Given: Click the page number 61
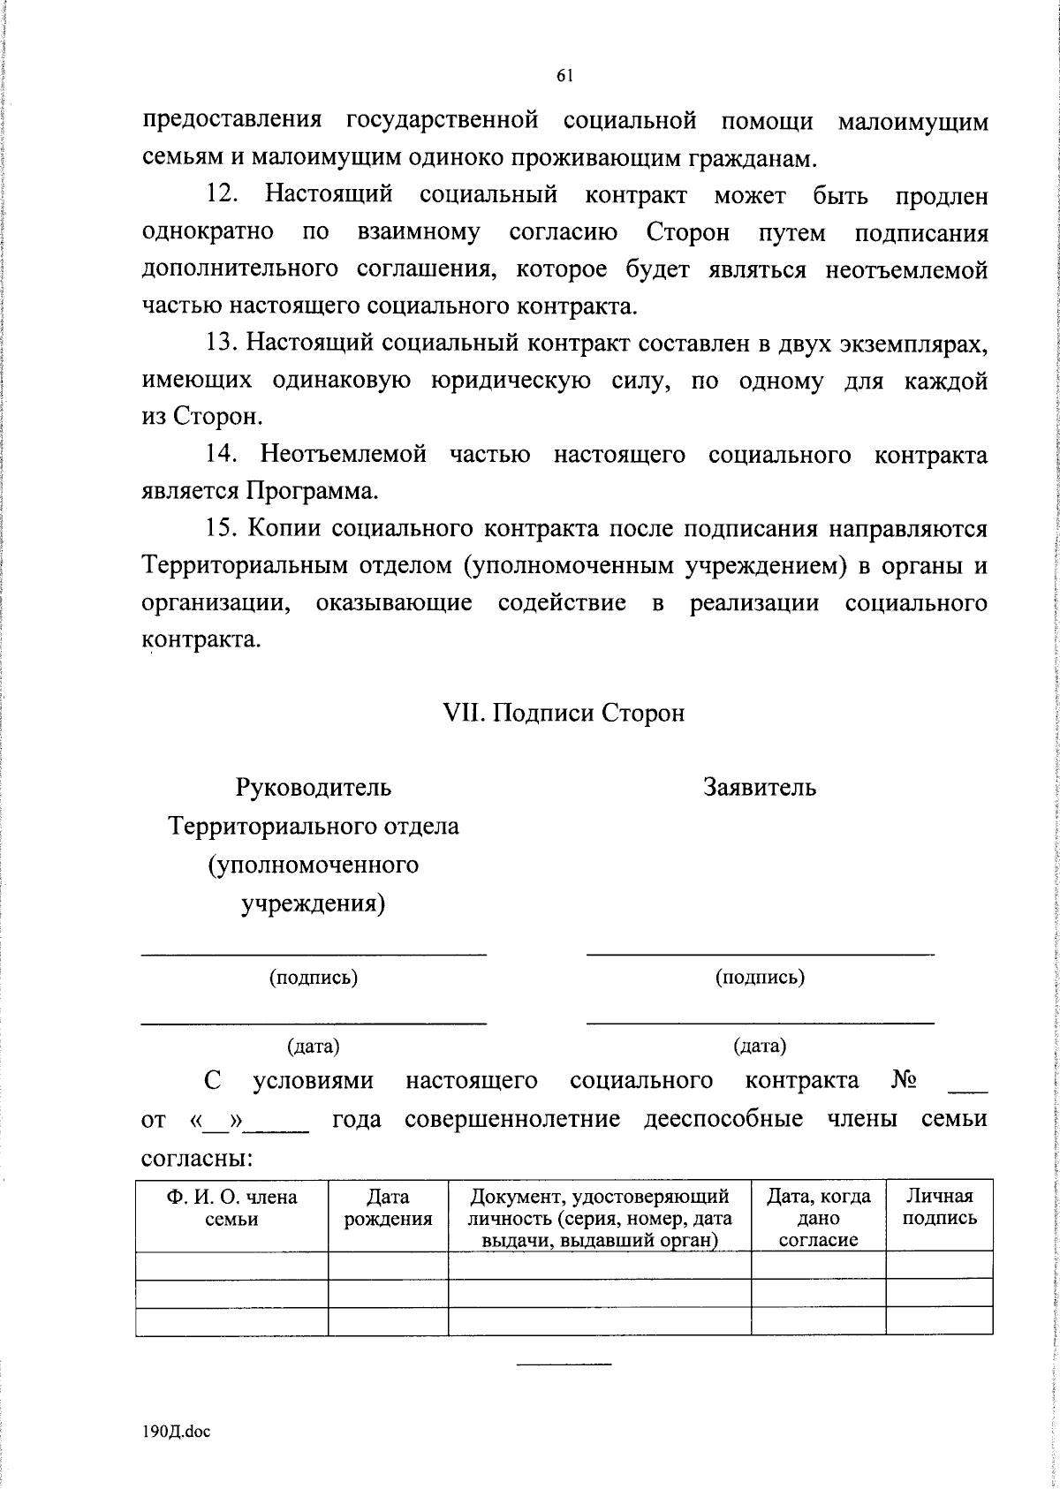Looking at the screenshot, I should click(x=565, y=77).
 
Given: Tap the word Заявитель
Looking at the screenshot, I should click(x=760, y=787).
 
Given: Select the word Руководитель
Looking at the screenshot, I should click(x=314, y=787).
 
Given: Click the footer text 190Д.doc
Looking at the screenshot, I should click(x=177, y=1432).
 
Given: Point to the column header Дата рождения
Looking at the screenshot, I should click(x=388, y=1207).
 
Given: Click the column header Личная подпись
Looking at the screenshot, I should click(x=939, y=1207).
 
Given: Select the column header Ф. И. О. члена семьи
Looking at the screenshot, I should click(x=231, y=1207).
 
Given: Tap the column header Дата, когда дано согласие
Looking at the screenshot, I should click(x=818, y=1218).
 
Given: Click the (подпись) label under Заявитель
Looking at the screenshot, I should click(x=760, y=977).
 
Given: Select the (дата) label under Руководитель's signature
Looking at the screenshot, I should click(x=314, y=1047).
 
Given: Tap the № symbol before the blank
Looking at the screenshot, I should click(x=904, y=1081).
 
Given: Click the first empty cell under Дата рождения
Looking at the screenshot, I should click(x=388, y=1265).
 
